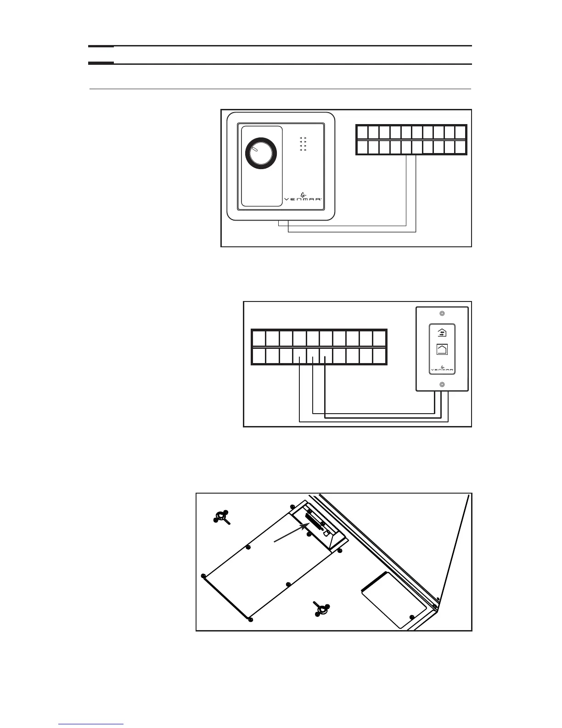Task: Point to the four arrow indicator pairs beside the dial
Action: click(x=303, y=144)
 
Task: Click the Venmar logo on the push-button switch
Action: click(x=441, y=369)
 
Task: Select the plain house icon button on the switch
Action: click(x=442, y=349)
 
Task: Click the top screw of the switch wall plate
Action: click(x=442, y=314)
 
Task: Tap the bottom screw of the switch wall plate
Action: click(x=442, y=384)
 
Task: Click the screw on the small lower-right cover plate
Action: click(x=412, y=617)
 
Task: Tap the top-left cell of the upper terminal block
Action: click(x=362, y=132)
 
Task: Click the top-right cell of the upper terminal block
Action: click(x=461, y=132)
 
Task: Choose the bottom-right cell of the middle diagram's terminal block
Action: click(x=379, y=356)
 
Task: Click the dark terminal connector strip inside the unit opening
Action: click(x=315, y=522)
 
